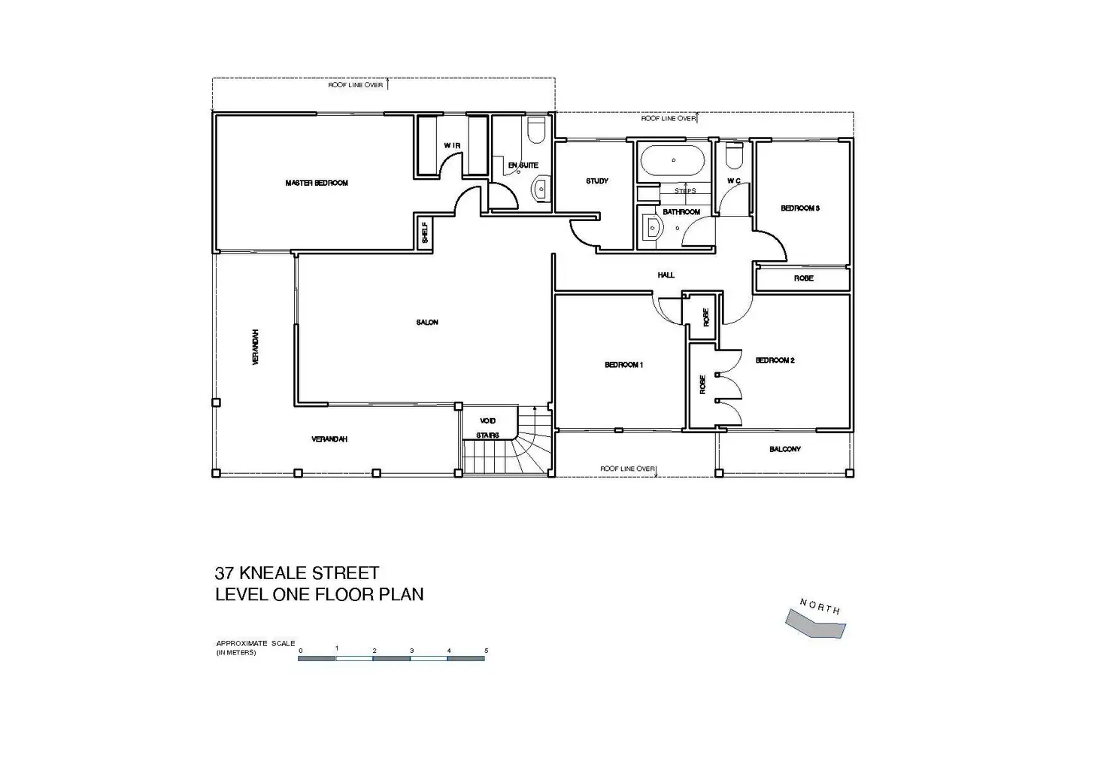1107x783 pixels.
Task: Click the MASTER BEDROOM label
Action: coord(317,183)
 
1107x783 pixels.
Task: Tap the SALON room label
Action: coord(427,323)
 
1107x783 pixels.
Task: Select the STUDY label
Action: coord(597,181)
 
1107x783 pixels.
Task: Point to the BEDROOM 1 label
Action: coord(623,365)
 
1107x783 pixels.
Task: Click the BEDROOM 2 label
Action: coord(775,360)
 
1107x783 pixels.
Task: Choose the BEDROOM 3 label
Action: coord(799,208)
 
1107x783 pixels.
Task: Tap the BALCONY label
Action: coord(785,449)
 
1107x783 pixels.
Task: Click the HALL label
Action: coord(666,275)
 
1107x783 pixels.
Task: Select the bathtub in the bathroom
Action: coord(672,160)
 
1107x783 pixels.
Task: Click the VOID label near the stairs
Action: coord(487,420)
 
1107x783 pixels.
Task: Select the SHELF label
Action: coord(424,232)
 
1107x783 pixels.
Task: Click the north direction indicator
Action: coord(816,621)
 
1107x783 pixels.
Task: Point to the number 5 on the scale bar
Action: coord(486,650)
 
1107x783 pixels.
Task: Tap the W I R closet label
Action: coord(451,145)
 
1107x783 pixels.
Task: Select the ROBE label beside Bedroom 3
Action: coord(803,278)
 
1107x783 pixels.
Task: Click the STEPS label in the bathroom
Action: coord(685,191)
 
